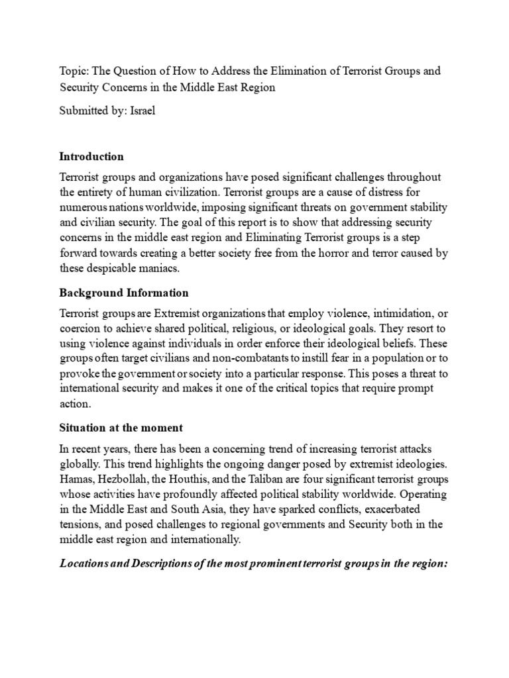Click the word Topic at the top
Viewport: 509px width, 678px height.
tap(73, 70)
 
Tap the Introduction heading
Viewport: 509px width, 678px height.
tap(91, 157)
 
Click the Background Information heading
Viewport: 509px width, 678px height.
tap(124, 293)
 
